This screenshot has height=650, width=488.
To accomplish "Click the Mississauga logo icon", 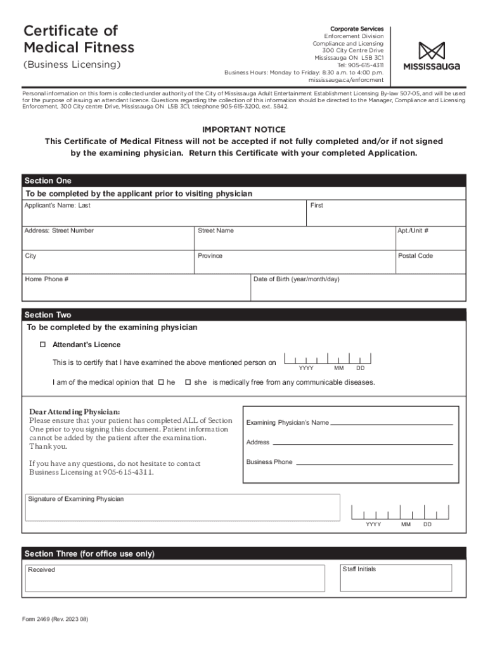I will click(432, 51).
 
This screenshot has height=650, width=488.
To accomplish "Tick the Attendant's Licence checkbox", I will click(43, 345).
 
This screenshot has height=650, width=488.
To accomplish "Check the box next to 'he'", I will click(161, 382).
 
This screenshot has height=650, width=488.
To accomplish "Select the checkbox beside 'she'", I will click(188, 382).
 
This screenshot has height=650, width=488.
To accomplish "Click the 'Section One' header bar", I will click(244, 181).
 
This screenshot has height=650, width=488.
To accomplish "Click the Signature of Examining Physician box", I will click(183, 512).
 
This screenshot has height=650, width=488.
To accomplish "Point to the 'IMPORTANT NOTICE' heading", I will click(244, 129).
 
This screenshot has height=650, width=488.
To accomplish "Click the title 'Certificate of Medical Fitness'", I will click(79, 39).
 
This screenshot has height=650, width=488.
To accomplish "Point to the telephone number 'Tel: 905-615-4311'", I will click(360, 65).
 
